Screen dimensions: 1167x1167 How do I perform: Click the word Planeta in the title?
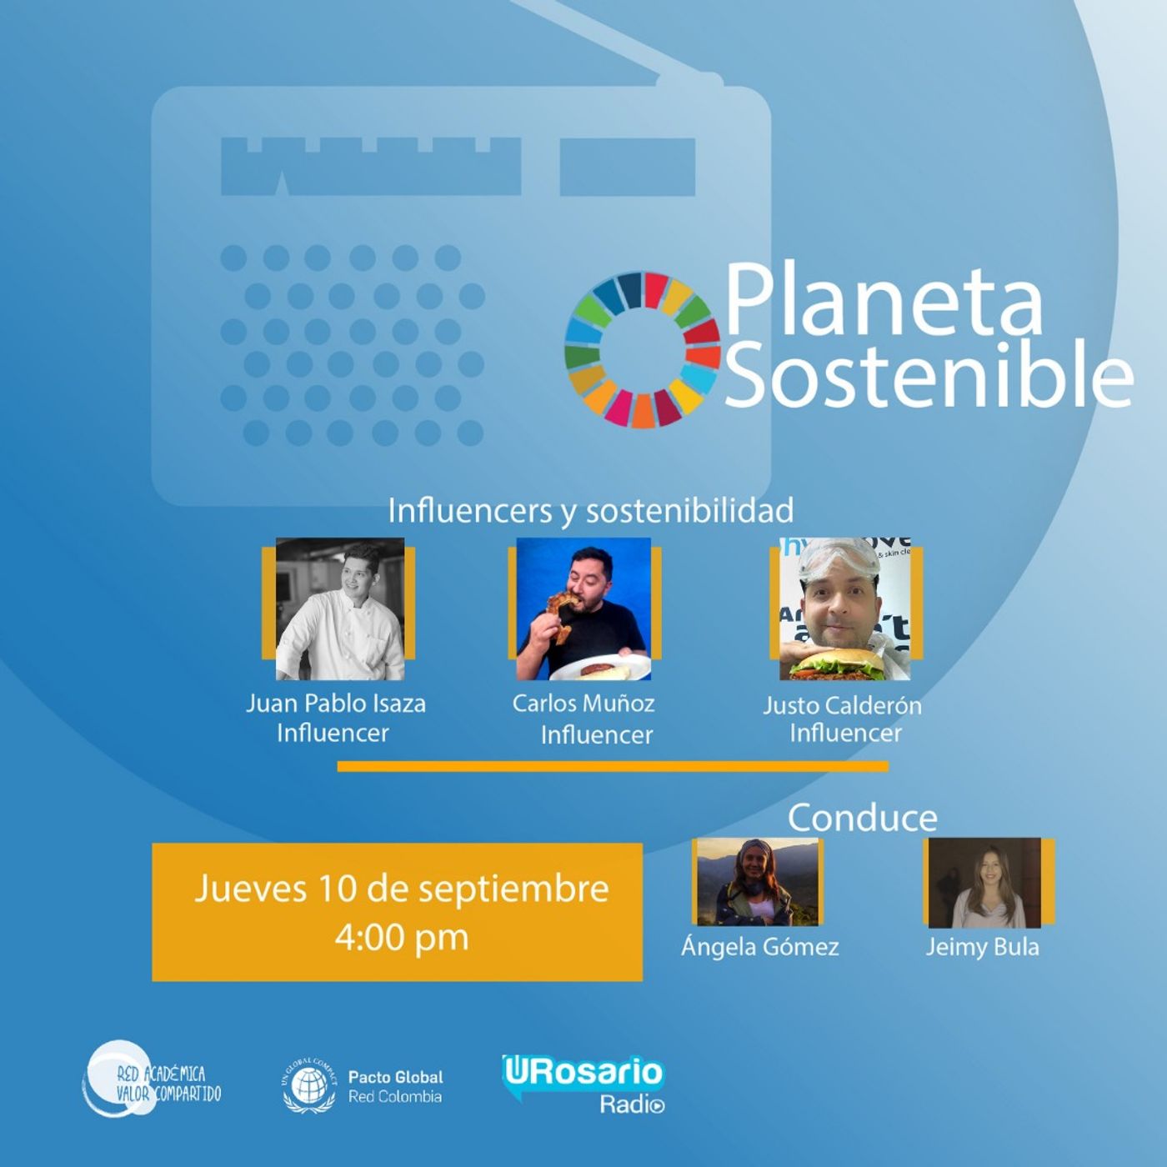tap(884, 301)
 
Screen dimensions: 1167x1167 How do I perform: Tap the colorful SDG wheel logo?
tap(643, 350)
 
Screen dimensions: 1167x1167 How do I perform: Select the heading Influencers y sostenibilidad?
tap(590, 510)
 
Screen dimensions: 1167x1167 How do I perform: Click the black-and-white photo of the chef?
tap(340, 609)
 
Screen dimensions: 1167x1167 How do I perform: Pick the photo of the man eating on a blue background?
tap(583, 609)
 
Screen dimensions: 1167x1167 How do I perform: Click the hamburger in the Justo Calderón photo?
tap(842, 664)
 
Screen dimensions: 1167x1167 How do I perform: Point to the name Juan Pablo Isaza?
tap(335, 704)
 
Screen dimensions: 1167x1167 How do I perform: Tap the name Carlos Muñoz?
tap(583, 703)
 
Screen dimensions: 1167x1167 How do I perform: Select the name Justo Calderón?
tap(842, 705)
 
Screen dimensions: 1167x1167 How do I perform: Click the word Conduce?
tap(863, 818)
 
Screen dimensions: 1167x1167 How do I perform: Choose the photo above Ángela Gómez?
tap(758, 882)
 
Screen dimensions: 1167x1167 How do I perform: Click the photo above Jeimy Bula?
tap(985, 883)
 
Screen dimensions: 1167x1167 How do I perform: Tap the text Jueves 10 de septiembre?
tap(402, 889)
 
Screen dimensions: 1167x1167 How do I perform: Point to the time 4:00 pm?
tap(402, 938)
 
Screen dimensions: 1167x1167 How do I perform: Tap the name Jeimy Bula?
tap(982, 947)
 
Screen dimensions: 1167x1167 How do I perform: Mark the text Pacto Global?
tap(395, 1077)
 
